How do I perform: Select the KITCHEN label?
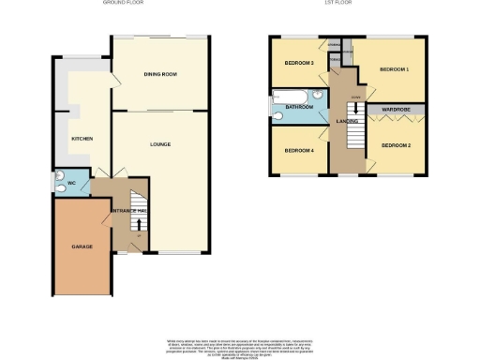click(x=82, y=139)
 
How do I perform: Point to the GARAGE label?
click(x=82, y=246)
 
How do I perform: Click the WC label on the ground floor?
click(x=71, y=183)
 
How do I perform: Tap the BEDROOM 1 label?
click(x=395, y=70)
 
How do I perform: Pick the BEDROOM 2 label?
click(x=397, y=145)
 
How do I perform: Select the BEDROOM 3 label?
click(x=299, y=63)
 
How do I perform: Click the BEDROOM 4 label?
click(x=299, y=150)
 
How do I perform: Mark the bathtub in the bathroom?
click(x=288, y=97)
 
